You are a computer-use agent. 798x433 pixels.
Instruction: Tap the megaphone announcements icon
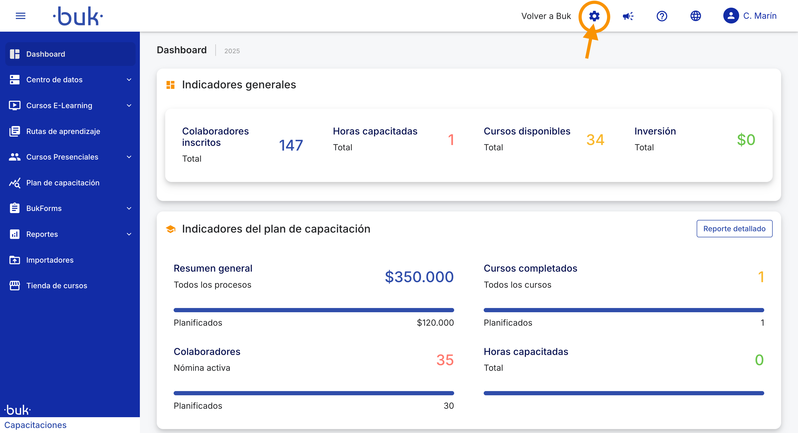(x=628, y=16)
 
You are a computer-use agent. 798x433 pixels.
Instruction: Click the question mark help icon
(x=662, y=16)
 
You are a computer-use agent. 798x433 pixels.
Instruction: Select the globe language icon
(x=695, y=16)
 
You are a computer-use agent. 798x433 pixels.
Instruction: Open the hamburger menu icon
(x=20, y=16)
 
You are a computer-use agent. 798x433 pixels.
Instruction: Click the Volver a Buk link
(x=546, y=16)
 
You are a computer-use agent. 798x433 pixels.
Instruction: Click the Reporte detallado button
(x=734, y=229)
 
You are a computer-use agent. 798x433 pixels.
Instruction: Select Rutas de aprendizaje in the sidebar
(x=63, y=131)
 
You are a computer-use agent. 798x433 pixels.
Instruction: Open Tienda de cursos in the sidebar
(x=57, y=285)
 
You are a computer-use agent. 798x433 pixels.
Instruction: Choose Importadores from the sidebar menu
(x=50, y=260)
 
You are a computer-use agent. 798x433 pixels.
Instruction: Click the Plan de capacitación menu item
(x=63, y=182)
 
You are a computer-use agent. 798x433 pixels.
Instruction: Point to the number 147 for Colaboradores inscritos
(x=291, y=145)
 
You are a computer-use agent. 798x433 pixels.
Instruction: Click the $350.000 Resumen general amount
(x=419, y=277)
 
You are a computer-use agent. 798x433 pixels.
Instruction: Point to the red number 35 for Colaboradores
(x=445, y=360)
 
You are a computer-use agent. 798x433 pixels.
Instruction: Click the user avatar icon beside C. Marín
(x=731, y=16)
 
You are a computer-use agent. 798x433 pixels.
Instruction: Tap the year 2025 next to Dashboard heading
(x=232, y=51)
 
